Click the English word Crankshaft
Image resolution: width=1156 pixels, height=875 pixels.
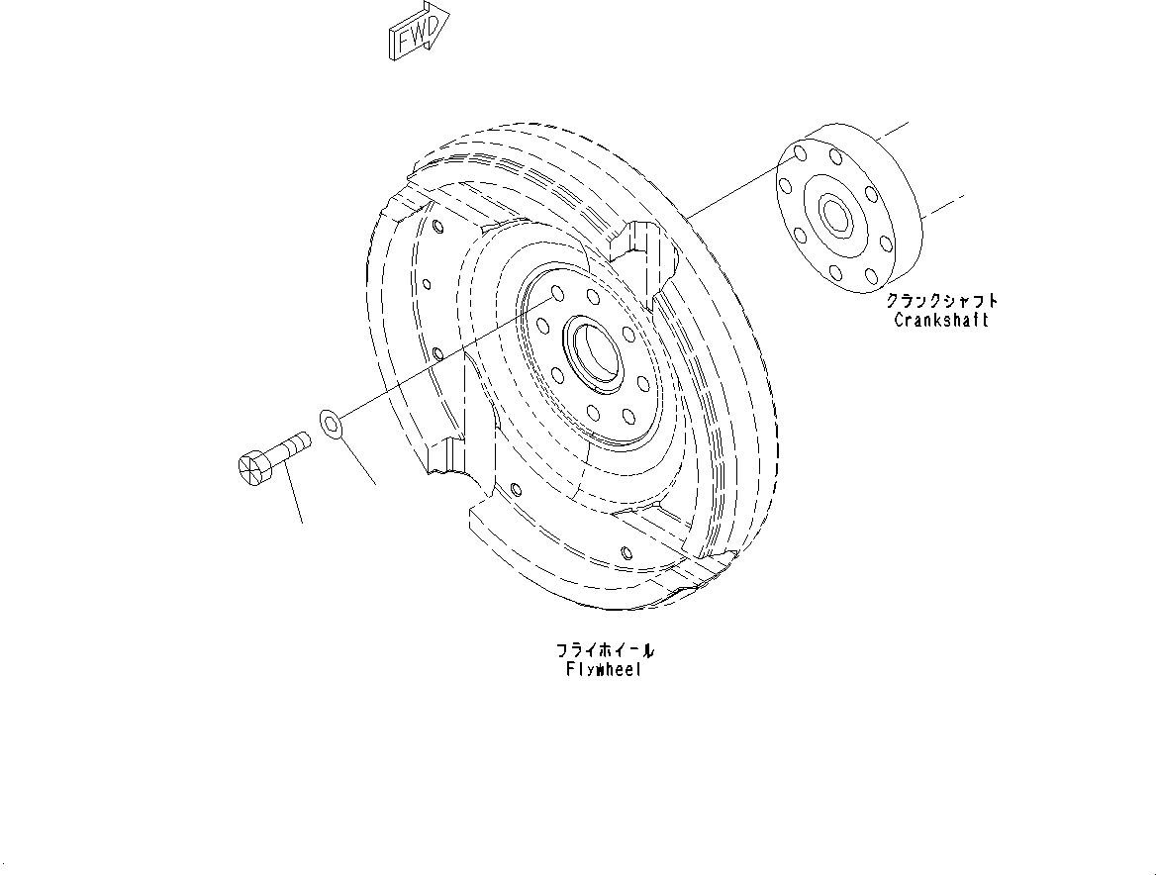click(x=940, y=320)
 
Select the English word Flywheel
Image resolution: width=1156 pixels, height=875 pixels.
click(x=604, y=669)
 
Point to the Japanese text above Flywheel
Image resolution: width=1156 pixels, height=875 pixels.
click(x=604, y=650)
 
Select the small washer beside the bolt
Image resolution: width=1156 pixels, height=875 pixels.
click(x=331, y=424)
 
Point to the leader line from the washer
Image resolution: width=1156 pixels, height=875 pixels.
click(x=358, y=460)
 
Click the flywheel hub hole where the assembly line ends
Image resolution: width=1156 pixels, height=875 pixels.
click(x=555, y=293)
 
